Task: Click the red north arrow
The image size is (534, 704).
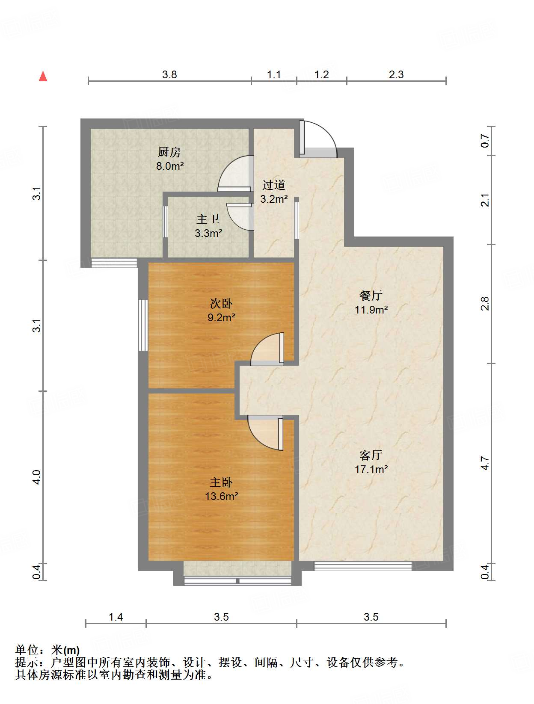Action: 43,76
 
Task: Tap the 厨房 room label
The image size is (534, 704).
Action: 169,152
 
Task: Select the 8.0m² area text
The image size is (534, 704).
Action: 169,166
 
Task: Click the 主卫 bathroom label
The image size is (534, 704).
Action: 208,219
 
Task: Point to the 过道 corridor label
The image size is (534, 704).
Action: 274,185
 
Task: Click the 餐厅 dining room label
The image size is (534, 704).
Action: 371,296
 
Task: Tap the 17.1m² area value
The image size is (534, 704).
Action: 371,469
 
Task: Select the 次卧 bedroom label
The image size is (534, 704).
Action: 221,303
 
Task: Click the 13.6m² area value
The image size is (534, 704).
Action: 221,496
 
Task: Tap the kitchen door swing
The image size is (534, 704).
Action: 234,173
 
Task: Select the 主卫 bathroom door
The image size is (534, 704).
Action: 240,216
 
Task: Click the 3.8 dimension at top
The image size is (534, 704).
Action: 169,75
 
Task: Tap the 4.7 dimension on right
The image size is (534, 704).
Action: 485,463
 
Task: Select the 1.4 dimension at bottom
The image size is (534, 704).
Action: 116,617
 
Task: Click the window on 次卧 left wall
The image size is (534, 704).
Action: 143,325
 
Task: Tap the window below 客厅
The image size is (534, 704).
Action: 363,566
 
